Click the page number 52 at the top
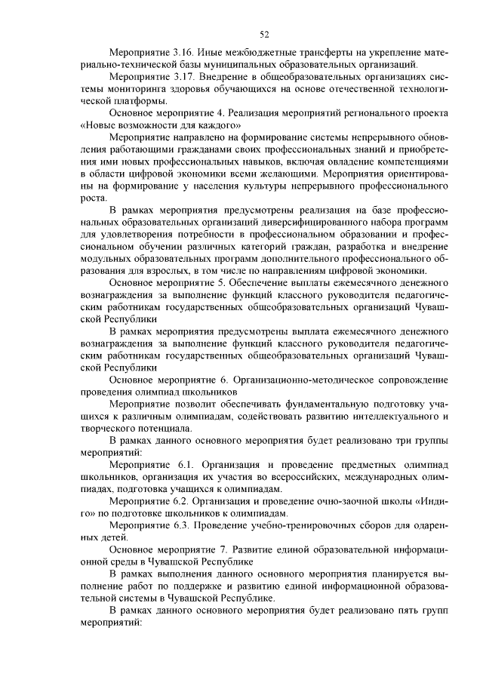(264, 34)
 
